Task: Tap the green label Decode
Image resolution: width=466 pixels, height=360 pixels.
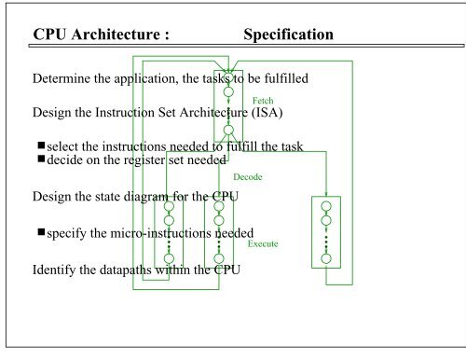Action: click(x=246, y=175)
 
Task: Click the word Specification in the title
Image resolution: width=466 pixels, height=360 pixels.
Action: click(x=288, y=35)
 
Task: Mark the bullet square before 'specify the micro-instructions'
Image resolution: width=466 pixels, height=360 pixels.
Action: click(x=43, y=232)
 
